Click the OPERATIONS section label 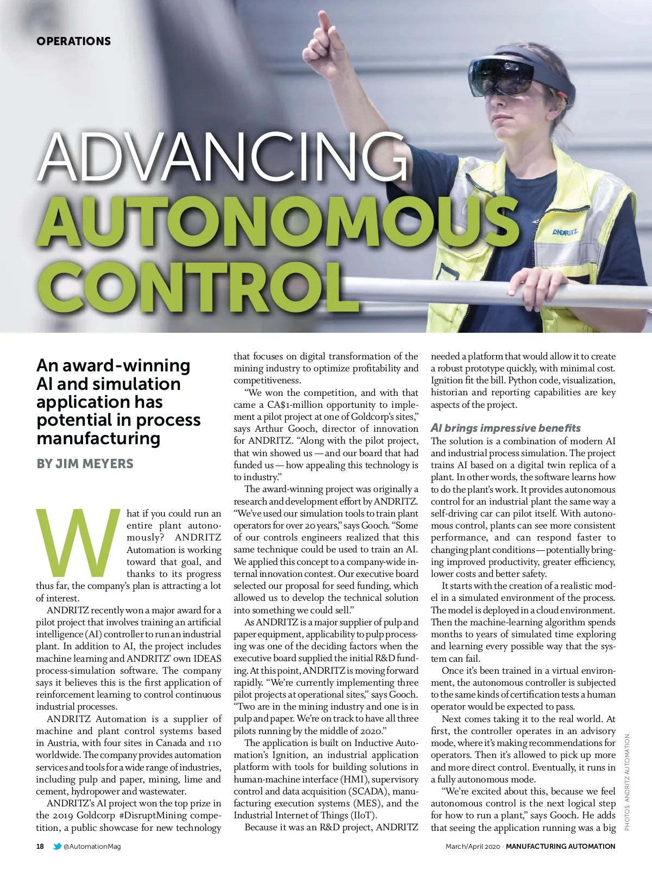pos(73,41)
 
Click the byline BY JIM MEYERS pos(85,464)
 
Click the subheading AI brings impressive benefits pos(505,428)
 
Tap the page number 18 pos(40,846)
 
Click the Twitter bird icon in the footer pos(57,846)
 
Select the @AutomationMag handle pos(92,847)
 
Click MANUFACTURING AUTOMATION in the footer pos(560,847)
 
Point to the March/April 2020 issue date pos(472,847)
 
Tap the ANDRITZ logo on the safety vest pos(565,232)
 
